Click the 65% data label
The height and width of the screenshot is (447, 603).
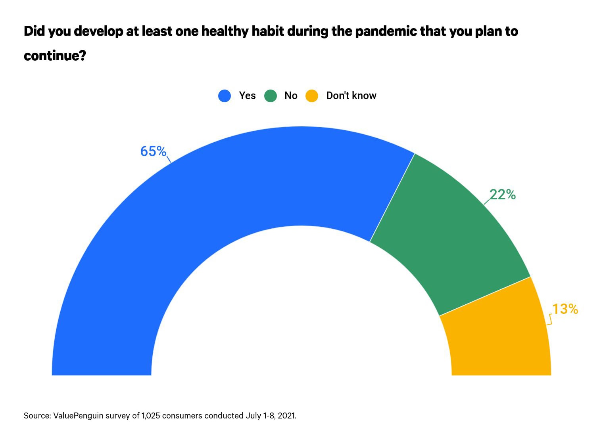[153, 151]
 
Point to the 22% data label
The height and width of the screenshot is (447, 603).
[502, 195]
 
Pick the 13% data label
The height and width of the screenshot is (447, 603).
[565, 309]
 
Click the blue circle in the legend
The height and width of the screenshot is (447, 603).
[225, 96]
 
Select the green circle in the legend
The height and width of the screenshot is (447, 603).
[271, 96]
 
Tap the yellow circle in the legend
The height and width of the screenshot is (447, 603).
[312, 96]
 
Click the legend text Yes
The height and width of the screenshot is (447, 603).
[247, 96]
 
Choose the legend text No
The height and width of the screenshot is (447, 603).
[291, 96]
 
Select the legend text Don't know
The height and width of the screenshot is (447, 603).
[351, 96]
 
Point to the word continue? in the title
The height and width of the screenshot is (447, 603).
[55, 55]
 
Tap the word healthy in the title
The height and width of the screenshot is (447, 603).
[226, 31]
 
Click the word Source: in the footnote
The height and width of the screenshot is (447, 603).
[37, 416]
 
